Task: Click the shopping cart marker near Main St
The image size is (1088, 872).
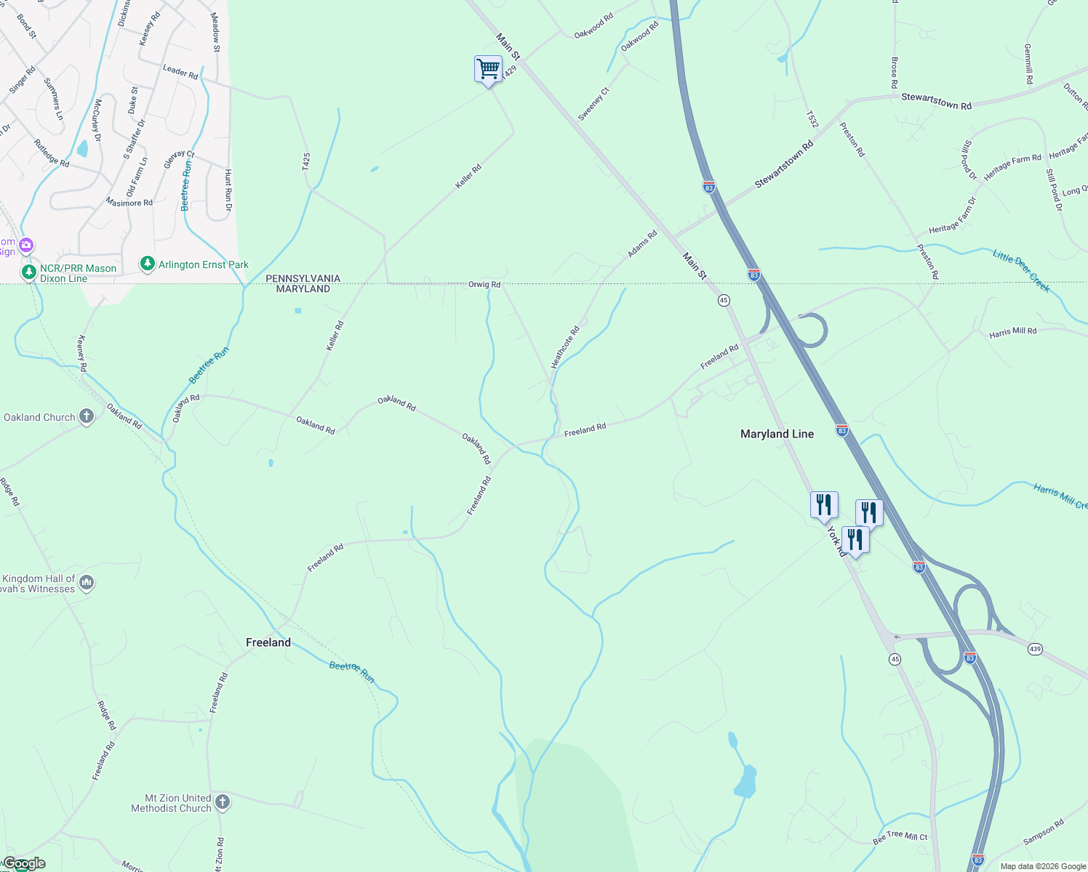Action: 488,70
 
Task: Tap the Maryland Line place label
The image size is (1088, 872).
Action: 777,434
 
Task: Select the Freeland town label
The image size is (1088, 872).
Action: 268,642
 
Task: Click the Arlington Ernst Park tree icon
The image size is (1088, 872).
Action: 148,263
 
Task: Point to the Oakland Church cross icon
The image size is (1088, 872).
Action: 87,416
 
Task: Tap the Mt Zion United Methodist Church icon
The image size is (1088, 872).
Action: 223,802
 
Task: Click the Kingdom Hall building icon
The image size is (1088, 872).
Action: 87,582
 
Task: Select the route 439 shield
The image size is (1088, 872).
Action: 1035,648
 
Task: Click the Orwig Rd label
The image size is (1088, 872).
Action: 484,285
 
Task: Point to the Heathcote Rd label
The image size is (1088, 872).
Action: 565,347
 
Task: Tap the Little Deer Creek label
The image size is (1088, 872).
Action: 1021,271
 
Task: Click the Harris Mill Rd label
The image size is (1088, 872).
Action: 1012,332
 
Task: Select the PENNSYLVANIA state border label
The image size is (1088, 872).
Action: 303,278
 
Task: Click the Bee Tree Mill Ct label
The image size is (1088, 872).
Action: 900,838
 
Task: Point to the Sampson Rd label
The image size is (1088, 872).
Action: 1043,832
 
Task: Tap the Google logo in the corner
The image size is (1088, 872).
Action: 24,863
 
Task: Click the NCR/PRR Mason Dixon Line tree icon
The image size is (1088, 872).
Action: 29,272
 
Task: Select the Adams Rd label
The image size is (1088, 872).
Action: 642,244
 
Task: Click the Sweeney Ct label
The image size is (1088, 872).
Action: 593,104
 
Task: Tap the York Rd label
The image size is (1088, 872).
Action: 836,541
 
